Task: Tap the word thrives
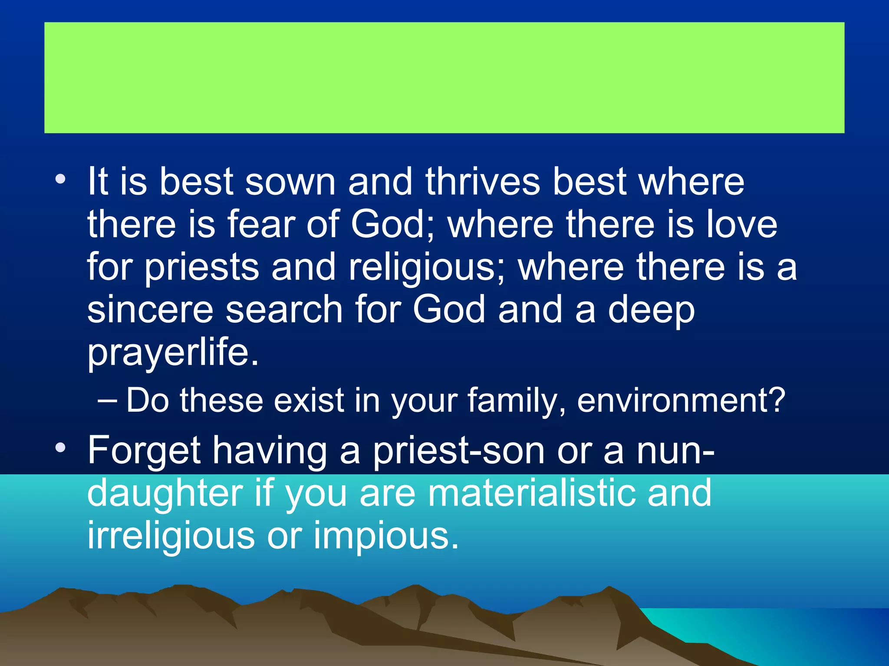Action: coord(482,182)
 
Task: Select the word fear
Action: coord(261,225)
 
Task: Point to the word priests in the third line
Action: coord(201,268)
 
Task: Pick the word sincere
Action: coord(150,310)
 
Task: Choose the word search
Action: coord(284,310)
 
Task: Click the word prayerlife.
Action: coord(173,353)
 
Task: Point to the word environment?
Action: coord(681,400)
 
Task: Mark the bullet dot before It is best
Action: coord(60,179)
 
